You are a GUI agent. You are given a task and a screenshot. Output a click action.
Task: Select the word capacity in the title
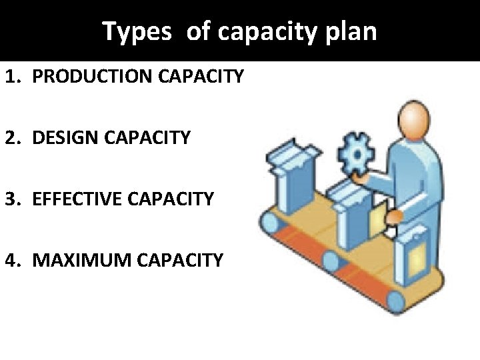[273, 31]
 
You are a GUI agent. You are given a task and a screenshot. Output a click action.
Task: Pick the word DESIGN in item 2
[63, 138]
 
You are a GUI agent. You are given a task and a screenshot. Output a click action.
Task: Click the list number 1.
[11, 77]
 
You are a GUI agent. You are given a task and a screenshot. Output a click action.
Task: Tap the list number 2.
[11, 138]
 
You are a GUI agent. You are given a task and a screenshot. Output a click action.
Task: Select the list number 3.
[11, 199]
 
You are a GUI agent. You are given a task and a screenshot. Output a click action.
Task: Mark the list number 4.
[11, 259]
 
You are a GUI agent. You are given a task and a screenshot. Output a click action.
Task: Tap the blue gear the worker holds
[355, 155]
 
